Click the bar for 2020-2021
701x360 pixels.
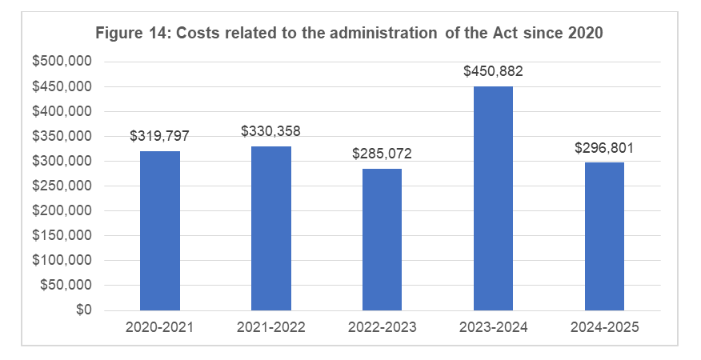(159, 230)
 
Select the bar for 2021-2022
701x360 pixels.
(270, 228)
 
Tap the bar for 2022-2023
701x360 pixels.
(382, 239)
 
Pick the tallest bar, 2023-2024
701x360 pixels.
(493, 198)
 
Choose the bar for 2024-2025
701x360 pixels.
(604, 236)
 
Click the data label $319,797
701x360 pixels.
(159, 136)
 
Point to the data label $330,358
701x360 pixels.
(270, 130)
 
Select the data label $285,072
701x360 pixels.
(382, 153)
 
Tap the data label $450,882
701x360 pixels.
(493, 71)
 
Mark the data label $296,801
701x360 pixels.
(604, 147)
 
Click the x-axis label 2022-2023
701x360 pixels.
(382, 328)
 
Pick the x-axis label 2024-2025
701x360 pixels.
(604, 328)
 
